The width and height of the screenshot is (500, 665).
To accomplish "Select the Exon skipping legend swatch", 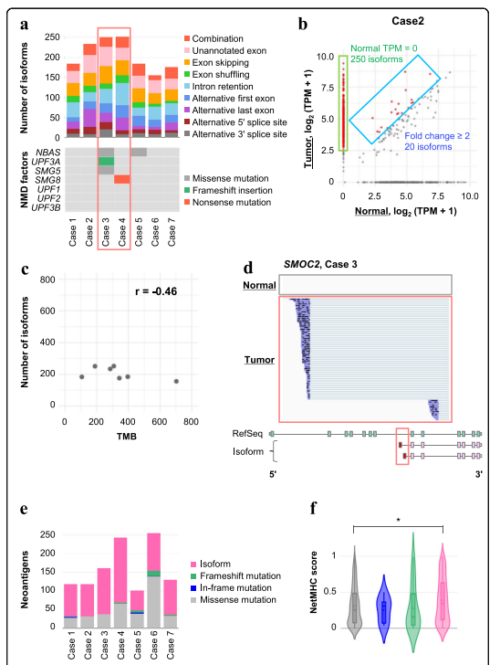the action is click(187, 63).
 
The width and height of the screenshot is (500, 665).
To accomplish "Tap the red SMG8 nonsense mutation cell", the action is click(122, 180).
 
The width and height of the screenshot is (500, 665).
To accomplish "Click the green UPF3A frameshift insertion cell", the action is click(107, 161).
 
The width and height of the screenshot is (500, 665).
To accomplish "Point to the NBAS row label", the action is click(47, 153).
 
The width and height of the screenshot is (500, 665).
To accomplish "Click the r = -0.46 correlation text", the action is click(156, 291).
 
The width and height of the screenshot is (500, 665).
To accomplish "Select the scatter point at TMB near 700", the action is click(176, 381).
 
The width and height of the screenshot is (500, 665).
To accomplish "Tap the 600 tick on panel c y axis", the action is click(47, 311).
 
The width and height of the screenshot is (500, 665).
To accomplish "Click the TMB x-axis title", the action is click(126, 437).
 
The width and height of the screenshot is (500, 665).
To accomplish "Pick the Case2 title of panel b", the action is click(408, 21).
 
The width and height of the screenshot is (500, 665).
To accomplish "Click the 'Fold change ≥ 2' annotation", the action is click(437, 136).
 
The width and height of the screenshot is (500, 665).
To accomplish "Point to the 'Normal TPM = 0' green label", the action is click(384, 48).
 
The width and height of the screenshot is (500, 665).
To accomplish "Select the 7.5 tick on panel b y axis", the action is click(327, 88).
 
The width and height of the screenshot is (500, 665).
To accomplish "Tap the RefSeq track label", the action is click(247, 433).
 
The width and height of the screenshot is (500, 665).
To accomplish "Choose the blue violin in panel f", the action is click(384, 608).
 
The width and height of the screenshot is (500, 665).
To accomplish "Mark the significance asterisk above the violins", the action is click(399, 520).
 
